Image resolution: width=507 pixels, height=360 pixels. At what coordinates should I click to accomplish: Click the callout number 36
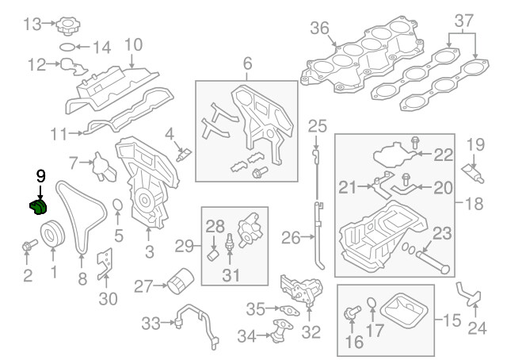coord(320,28)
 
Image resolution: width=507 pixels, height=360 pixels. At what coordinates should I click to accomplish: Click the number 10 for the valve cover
coord(133,44)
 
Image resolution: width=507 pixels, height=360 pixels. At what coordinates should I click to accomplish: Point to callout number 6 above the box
coord(246,60)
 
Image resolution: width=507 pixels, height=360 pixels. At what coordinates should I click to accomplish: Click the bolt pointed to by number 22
coord(415,145)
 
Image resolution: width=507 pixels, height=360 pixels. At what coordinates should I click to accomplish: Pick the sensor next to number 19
coord(473,171)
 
